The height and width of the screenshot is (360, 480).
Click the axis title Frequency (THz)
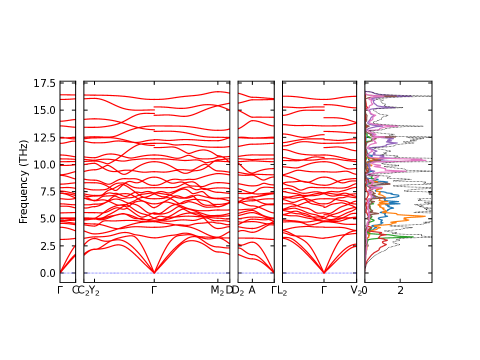(23, 181)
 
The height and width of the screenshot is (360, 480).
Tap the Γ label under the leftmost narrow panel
(60, 290)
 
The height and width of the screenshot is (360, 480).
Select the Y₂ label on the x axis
(94, 290)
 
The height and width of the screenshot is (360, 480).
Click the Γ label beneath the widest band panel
(154, 290)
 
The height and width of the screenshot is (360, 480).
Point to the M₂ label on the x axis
(217, 290)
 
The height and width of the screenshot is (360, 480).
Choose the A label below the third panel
(252, 290)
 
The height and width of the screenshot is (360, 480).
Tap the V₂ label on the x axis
(356, 290)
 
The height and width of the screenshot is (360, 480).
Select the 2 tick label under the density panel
(400, 290)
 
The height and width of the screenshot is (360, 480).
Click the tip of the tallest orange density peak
(425, 216)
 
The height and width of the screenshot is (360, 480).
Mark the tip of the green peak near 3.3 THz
(413, 237)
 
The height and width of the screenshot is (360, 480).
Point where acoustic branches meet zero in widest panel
(154, 273)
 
